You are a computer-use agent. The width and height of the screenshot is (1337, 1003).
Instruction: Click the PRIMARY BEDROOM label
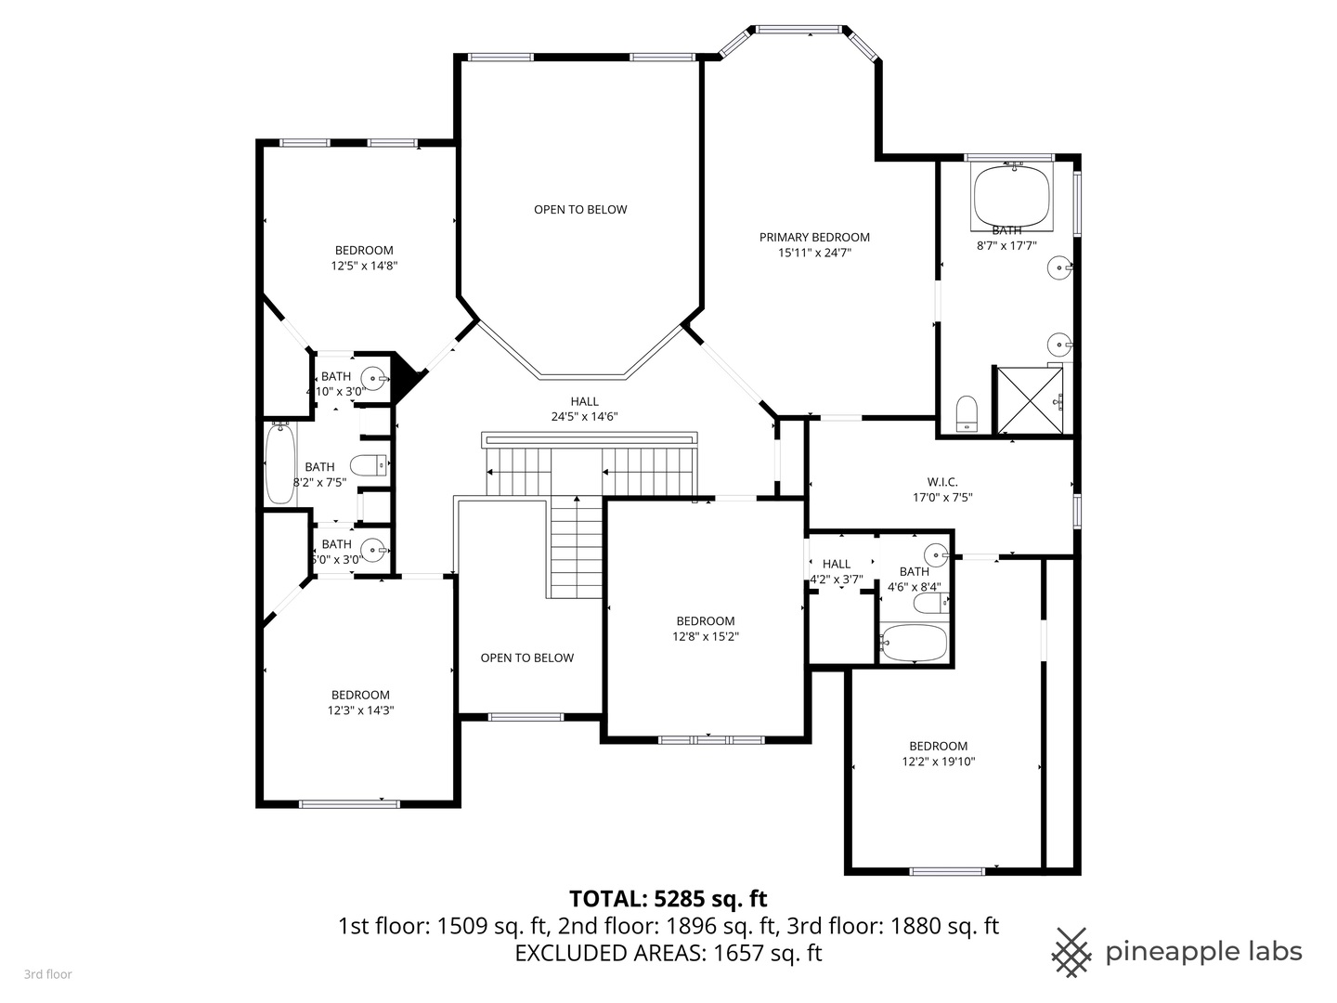(814, 237)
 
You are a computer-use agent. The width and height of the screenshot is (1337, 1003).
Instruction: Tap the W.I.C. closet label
(941, 482)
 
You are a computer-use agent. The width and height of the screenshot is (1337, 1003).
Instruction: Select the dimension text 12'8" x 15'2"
(706, 636)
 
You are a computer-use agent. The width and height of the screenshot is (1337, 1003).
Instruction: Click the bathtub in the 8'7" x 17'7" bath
(1011, 194)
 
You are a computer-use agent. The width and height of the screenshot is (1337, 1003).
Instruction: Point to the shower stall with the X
(1029, 400)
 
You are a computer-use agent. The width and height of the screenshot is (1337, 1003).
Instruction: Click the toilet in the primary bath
(967, 412)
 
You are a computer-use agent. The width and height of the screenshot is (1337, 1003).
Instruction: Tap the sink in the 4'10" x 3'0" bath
(373, 378)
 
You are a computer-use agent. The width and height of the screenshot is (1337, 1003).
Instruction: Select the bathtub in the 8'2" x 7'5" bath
(279, 463)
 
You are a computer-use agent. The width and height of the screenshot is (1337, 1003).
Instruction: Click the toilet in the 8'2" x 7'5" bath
(369, 464)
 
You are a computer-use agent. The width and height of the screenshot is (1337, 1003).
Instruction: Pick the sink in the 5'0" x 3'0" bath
(373, 549)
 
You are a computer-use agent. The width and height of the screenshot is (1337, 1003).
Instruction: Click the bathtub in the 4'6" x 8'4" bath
(914, 643)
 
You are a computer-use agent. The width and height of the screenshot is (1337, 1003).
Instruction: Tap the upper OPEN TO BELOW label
(580, 210)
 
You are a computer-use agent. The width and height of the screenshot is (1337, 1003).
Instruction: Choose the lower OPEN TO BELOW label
(526, 658)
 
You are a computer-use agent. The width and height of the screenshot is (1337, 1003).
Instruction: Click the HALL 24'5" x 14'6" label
(584, 409)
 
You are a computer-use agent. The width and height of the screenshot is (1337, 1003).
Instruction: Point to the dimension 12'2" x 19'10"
(938, 762)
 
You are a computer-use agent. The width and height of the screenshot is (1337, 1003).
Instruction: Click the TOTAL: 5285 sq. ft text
(668, 898)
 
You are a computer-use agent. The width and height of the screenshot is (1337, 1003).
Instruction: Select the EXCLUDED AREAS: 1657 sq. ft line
(668, 952)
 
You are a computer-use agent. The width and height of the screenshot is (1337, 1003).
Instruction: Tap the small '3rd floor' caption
(47, 974)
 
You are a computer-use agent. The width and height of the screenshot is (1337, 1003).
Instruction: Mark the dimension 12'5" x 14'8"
(364, 265)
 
